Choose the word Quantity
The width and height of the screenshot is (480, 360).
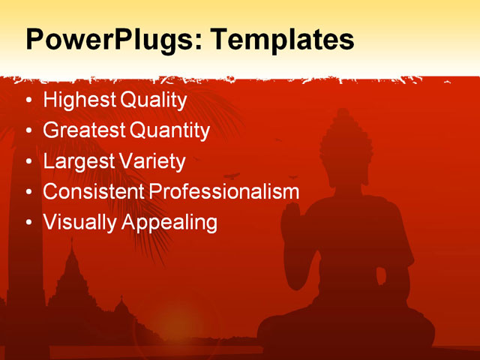coord(170,130)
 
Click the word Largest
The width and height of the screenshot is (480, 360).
coord(77,161)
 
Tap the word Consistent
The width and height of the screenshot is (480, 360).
coord(94,191)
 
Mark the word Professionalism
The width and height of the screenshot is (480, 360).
coord(224,191)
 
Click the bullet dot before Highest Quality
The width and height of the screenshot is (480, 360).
coord(29,100)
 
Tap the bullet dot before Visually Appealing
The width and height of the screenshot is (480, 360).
coord(29,223)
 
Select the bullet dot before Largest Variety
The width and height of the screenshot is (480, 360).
coord(29,162)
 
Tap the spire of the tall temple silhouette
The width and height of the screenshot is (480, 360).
coord(72,247)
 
